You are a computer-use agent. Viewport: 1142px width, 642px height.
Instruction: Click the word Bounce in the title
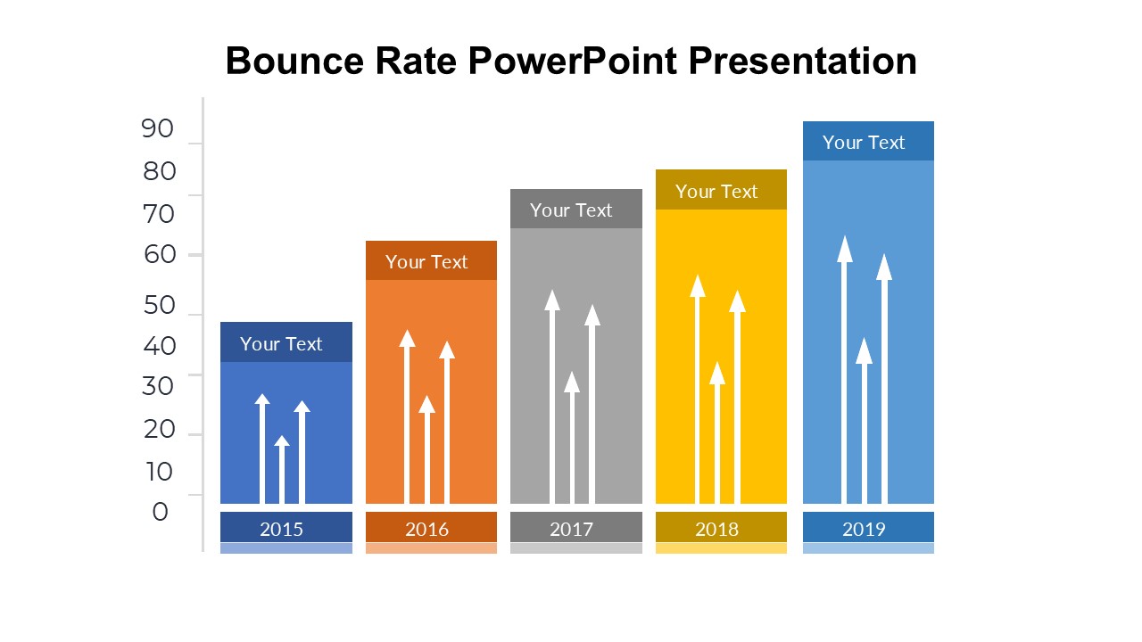point(294,62)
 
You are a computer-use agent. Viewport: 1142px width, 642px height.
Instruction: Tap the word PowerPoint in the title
point(573,62)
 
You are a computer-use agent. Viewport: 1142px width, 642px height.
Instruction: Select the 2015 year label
point(281,530)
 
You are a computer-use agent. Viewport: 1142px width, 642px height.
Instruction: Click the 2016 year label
point(426,530)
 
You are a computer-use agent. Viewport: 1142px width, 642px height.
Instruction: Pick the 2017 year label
point(572,530)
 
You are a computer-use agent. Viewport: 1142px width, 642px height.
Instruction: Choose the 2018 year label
point(716,530)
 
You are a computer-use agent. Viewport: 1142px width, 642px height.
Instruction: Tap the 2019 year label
point(864,530)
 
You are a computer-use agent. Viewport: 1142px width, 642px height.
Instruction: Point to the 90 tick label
point(158,128)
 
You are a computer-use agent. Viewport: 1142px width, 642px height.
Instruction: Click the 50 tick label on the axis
point(159,305)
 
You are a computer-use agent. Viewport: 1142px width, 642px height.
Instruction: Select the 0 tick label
point(160,512)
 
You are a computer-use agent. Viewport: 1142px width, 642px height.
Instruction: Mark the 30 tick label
point(158,386)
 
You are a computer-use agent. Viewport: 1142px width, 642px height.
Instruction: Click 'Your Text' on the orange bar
point(426,262)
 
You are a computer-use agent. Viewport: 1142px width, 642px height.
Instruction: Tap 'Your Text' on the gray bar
point(571,210)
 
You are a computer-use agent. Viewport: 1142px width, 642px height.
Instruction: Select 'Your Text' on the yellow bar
point(716,192)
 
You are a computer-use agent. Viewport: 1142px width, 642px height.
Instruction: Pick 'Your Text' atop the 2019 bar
point(864,143)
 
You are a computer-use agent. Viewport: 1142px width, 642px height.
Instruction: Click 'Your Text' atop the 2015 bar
point(281,344)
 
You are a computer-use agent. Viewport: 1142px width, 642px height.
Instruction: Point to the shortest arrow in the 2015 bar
point(282,469)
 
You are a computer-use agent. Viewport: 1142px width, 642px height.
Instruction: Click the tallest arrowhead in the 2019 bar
point(845,250)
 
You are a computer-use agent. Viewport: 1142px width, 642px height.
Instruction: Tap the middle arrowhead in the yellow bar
point(717,374)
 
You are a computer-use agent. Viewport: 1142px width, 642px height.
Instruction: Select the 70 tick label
point(159,214)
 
